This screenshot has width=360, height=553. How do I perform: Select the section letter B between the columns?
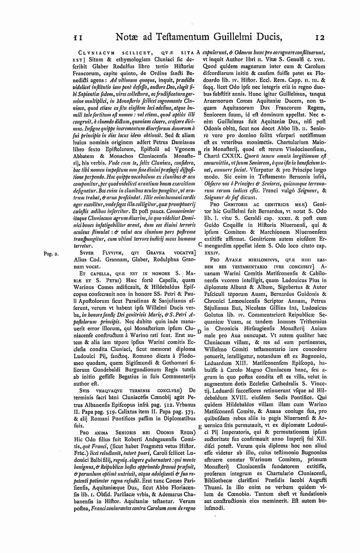[x=200, y=153]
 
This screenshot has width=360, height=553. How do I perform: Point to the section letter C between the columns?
[x=200, y=244]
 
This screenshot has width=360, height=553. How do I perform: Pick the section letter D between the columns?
[x=199, y=331]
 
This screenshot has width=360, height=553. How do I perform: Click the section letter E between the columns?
[x=200, y=427]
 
